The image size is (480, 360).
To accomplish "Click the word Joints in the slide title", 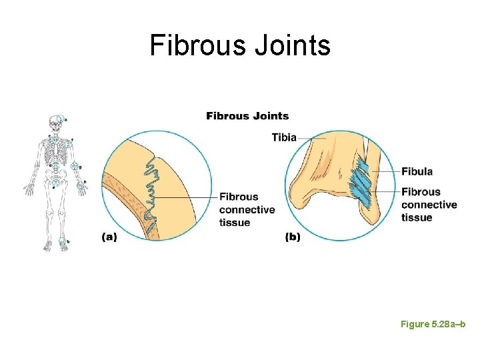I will [291, 45].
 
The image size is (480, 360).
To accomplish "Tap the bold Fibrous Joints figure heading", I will [247, 116].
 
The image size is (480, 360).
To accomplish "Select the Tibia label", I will [284, 137].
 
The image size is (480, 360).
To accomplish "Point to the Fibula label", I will [417, 171].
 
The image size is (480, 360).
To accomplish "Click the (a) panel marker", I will [109, 237].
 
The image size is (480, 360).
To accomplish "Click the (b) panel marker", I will [293, 237].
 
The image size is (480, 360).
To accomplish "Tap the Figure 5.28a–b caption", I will [433, 324].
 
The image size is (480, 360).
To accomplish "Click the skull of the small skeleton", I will [54, 123].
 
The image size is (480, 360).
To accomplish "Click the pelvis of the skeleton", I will [55, 179].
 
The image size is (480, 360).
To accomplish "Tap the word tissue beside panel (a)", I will [235, 222].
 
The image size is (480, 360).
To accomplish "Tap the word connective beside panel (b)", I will [429, 205].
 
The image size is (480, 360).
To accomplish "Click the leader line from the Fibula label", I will [387, 172].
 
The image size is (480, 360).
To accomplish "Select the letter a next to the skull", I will [66, 119].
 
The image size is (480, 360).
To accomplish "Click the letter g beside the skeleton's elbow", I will [81, 167].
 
